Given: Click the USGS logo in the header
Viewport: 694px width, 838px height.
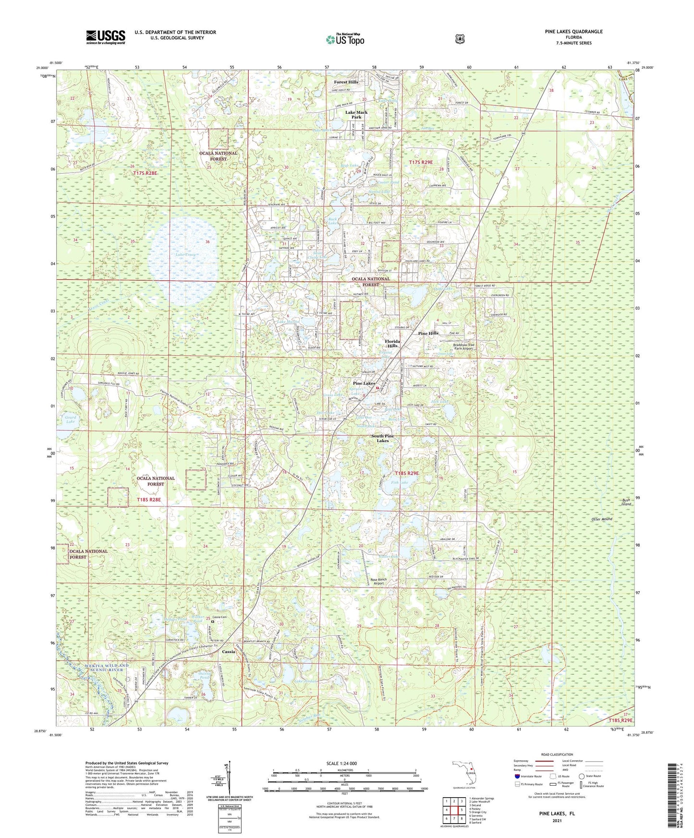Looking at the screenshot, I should [106, 37].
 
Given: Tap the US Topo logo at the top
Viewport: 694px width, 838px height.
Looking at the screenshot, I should [345, 39].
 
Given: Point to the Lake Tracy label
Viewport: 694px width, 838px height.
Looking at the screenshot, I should [185, 254].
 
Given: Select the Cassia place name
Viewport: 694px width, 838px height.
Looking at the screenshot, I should [229, 652].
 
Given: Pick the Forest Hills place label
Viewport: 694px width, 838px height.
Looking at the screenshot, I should [346, 82].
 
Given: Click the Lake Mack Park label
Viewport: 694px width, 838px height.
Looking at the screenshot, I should [356, 115].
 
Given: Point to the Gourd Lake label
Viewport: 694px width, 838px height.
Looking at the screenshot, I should [70, 419].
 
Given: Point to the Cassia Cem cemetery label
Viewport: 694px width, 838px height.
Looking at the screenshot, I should [219, 617].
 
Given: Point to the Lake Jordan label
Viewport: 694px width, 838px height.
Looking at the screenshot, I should [306, 682].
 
